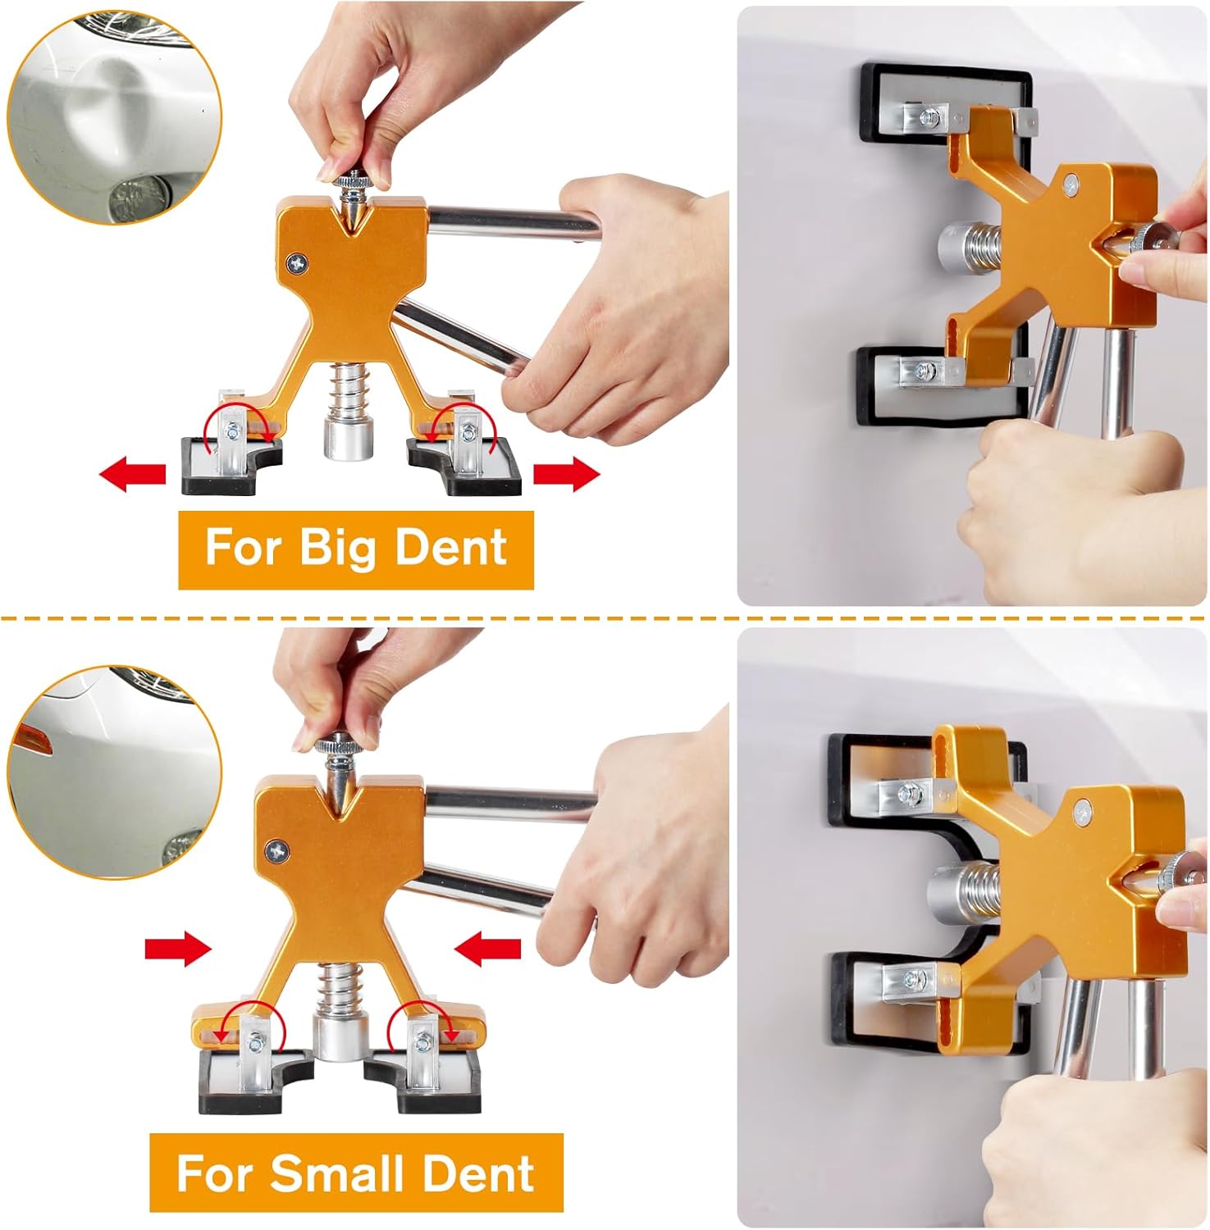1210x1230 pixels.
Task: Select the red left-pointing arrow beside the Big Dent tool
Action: click(132, 475)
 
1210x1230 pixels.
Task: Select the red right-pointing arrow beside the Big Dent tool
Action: click(567, 475)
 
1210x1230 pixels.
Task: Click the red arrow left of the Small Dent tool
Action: click(178, 950)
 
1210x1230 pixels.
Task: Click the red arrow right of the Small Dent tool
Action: click(487, 950)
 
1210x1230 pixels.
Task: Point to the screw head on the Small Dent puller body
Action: click(277, 851)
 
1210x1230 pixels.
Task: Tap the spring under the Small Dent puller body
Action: click(336, 990)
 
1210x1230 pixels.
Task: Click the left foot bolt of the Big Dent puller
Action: click(233, 428)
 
